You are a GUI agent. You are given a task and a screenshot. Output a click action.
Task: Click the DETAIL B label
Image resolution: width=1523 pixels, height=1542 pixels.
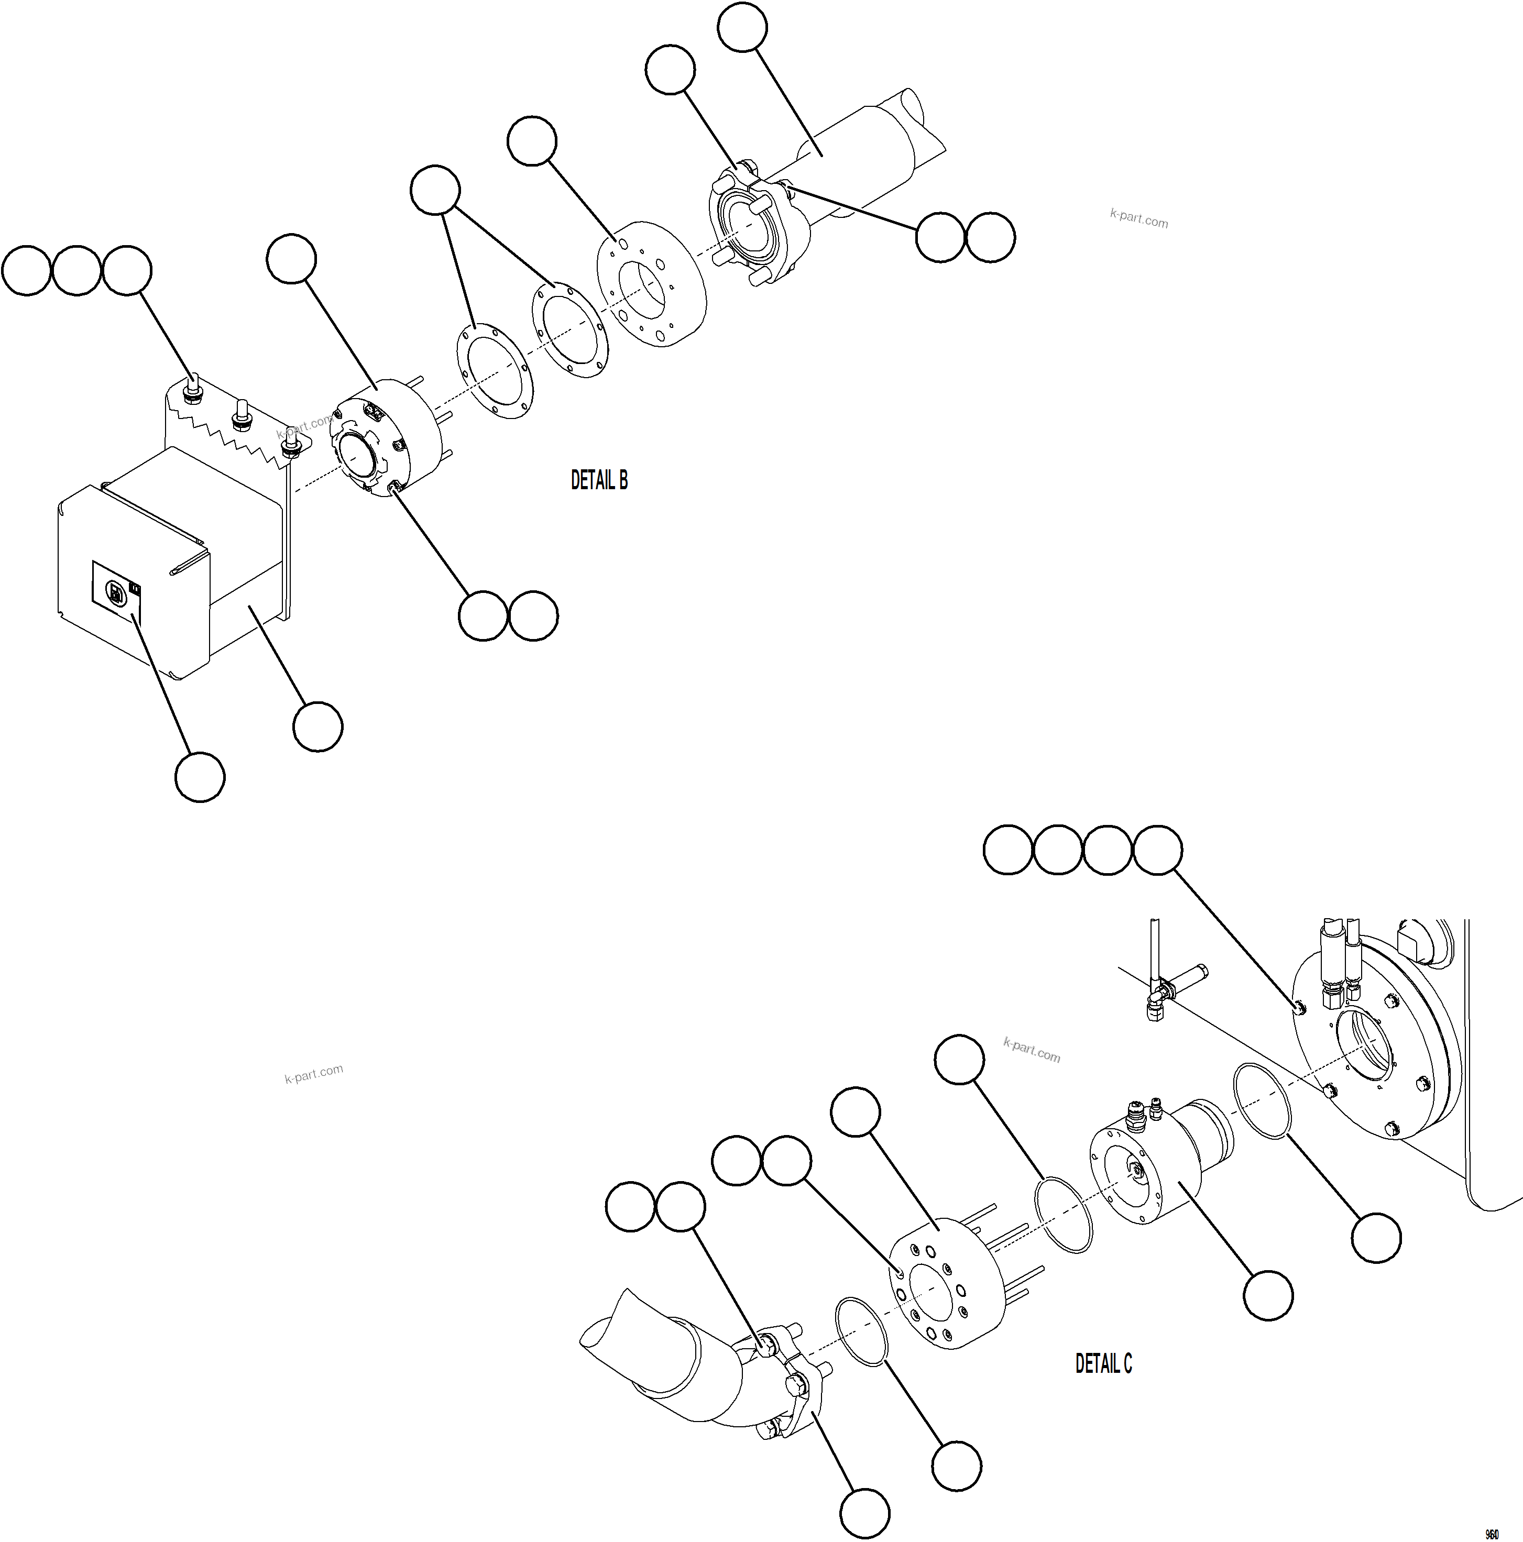(x=599, y=480)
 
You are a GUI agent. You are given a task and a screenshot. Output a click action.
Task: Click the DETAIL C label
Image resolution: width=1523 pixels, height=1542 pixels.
(x=1103, y=1363)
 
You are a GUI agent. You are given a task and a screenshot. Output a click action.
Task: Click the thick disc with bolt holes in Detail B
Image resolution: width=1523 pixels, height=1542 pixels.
(x=651, y=284)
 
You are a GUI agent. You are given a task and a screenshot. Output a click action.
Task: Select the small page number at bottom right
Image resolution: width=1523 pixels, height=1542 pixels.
(x=1491, y=1534)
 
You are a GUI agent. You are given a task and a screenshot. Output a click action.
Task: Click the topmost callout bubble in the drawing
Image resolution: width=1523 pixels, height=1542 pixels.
(x=742, y=27)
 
